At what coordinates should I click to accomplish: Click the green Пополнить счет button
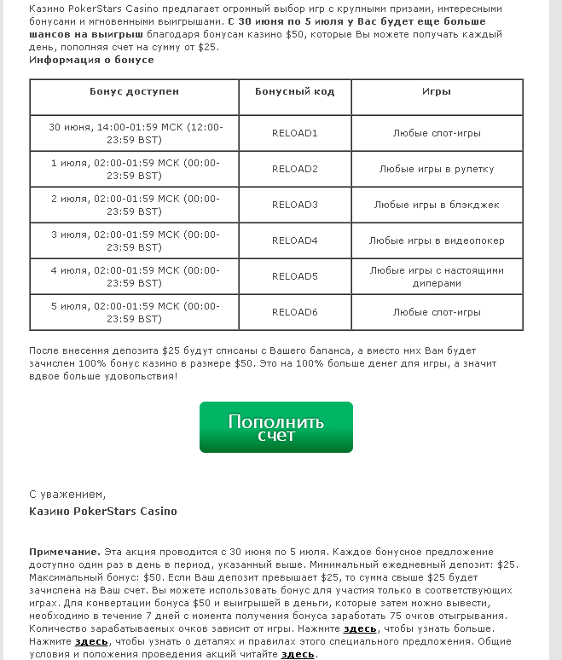pyautogui.click(x=275, y=427)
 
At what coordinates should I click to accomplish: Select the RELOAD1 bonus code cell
pyautogui.click(x=294, y=133)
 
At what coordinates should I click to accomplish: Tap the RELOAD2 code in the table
pyautogui.click(x=294, y=169)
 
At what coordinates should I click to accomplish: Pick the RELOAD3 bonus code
pyautogui.click(x=294, y=205)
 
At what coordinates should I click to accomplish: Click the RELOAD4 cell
pyautogui.click(x=294, y=240)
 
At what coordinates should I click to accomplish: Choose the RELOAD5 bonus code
pyautogui.click(x=294, y=276)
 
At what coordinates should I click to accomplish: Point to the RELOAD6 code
pyautogui.click(x=294, y=312)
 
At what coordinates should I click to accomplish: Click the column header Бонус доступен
pyautogui.click(x=134, y=91)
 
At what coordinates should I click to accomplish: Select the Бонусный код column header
pyautogui.click(x=294, y=91)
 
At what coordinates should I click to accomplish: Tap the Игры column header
pyautogui.click(x=437, y=91)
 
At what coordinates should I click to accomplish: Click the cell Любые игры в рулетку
pyautogui.click(x=437, y=169)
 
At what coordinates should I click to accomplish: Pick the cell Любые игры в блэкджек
pyautogui.click(x=437, y=205)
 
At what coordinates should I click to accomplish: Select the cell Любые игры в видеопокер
pyautogui.click(x=437, y=240)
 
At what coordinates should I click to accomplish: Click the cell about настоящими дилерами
pyautogui.click(x=437, y=276)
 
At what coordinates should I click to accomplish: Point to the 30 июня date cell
pyautogui.click(x=134, y=133)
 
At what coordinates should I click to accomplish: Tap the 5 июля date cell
pyautogui.click(x=134, y=312)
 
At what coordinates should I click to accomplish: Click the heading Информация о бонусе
pyautogui.click(x=91, y=60)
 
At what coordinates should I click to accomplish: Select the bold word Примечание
pyautogui.click(x=65, y=552)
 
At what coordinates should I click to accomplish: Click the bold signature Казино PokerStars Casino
pyautogui.click(x=103, y=512)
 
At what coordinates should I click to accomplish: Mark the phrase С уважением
pyautogui.click(x=67, y=494)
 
